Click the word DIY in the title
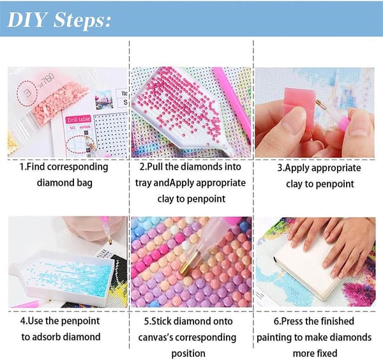27,19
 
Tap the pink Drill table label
78,119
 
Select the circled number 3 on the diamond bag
27,93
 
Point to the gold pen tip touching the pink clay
320,104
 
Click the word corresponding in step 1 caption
78,167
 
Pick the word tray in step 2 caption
144,183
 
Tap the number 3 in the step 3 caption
280,168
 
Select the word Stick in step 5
162,321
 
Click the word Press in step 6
294,321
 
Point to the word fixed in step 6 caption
326,353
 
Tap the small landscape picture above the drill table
104,100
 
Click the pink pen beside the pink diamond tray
232,103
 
